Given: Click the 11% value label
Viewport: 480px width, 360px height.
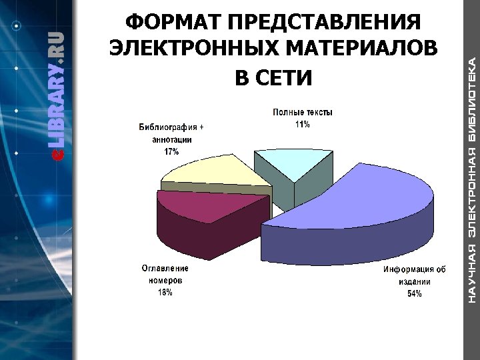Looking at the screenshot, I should (x=302, y=125).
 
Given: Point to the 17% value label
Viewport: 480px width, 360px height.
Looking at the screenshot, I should (x=171, y=152).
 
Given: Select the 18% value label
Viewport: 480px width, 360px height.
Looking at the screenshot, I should (x=165, y=292).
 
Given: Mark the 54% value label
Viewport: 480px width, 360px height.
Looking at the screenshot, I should (x=414, y=294).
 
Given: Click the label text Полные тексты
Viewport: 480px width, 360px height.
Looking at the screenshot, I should (x=302, y=113).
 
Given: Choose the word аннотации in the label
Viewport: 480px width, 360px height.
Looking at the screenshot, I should (x=172, y=140).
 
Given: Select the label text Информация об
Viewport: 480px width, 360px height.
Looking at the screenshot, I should (x=414, y=270).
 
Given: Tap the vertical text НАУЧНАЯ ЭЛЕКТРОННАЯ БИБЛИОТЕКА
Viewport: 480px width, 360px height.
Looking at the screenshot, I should (x=471, y=180).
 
